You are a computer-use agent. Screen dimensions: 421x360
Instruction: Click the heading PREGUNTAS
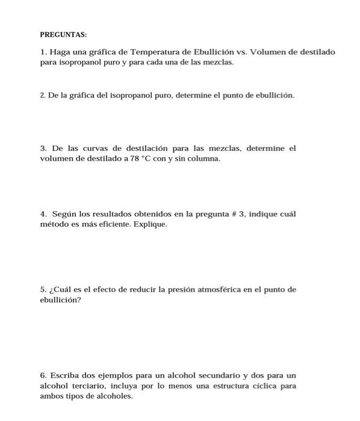(63, 35)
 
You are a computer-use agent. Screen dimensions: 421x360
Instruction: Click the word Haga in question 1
(61, 52)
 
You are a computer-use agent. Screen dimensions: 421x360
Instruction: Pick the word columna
(204, 158)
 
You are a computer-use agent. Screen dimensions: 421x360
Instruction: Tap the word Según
(64, 214)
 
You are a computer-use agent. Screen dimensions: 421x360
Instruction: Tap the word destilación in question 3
(157, 148)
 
